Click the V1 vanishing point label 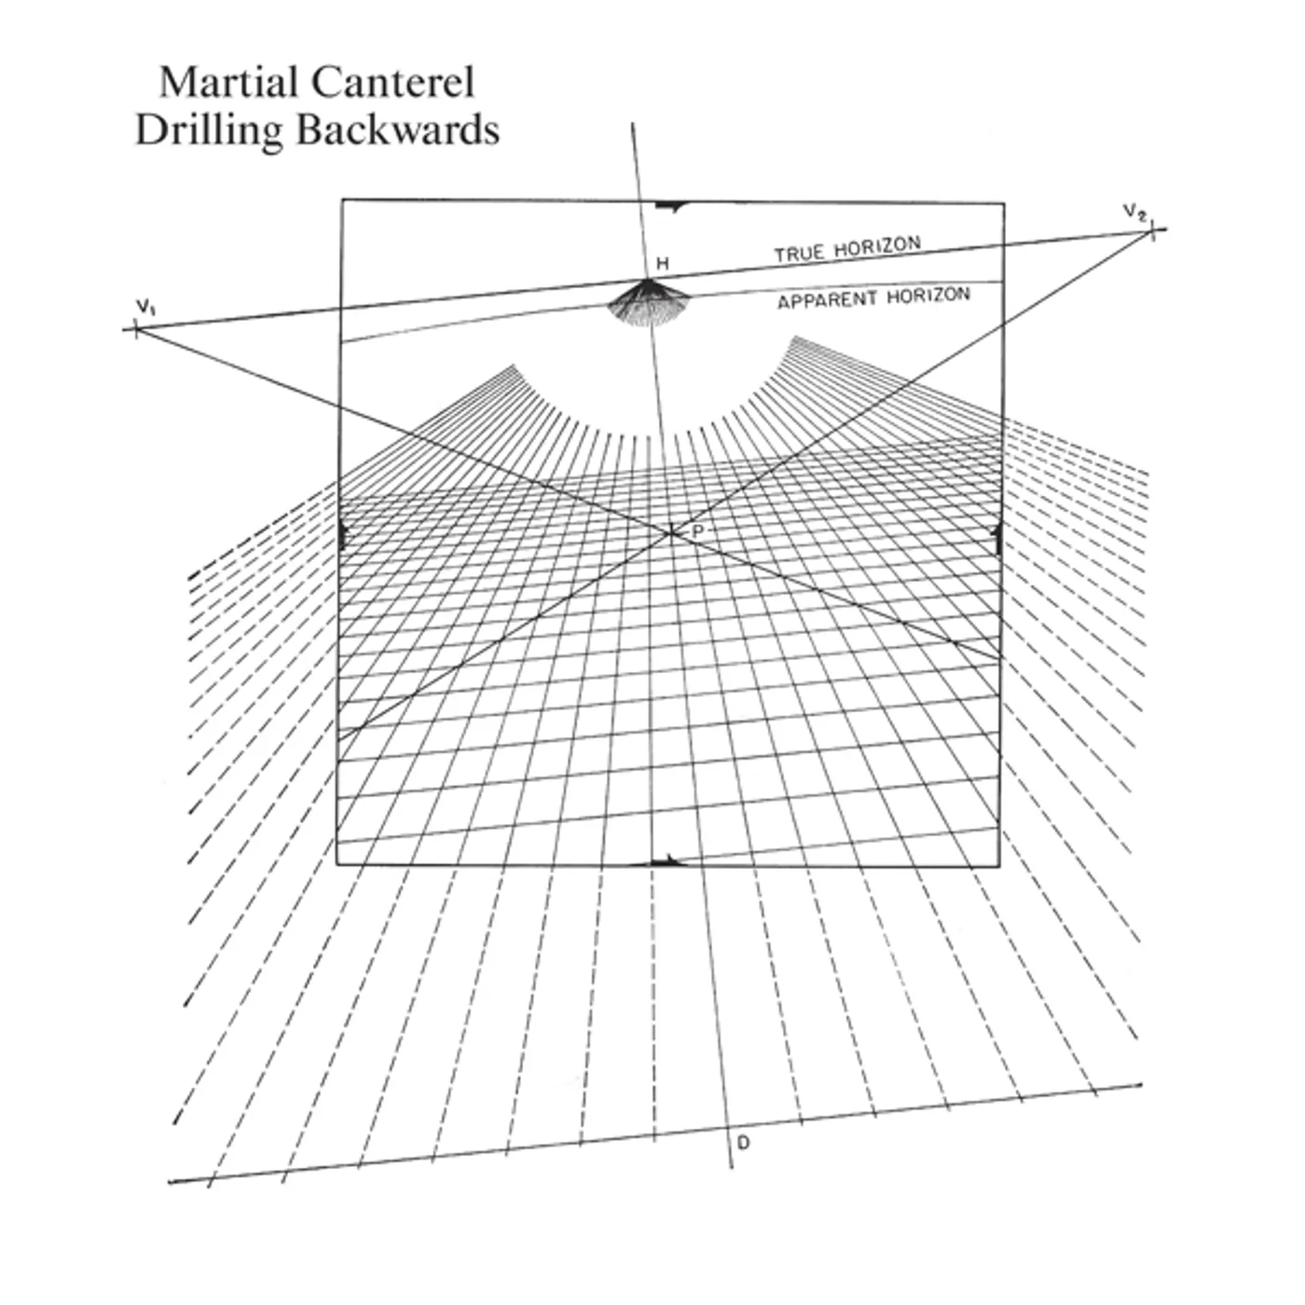tap(144, 306)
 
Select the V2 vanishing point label tap(1133, 212)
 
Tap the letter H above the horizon tap(662, 265)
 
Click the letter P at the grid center tap(696, 529)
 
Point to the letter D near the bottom tap(743, 1142)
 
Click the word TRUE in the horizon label tap(799, 253)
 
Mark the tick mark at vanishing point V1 tap(136, 329)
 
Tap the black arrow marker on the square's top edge tap(670, 204)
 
